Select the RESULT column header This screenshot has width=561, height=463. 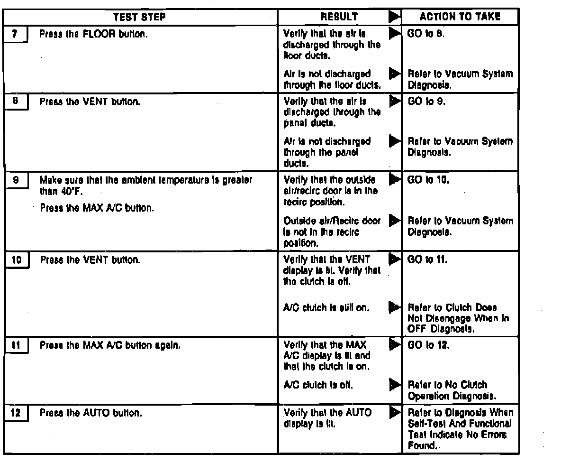click(339, 17)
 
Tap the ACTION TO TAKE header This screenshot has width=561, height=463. click(460, 17)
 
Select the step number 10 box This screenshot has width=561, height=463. click(16, 260)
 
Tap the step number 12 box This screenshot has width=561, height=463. click(16, 413)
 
